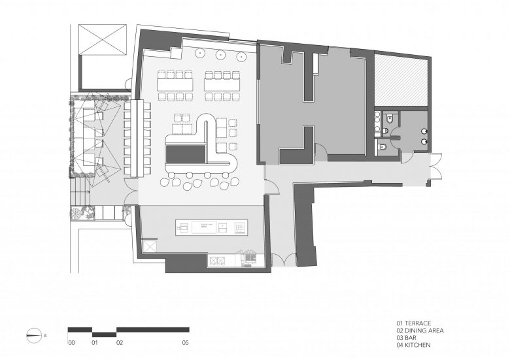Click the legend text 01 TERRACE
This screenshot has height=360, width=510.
(414, 323)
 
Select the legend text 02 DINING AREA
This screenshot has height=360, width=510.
(420, 331)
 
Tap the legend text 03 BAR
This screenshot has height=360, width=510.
(406, 338)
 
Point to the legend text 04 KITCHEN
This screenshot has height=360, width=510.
(413, 345)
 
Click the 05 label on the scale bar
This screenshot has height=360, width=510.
(186, 342)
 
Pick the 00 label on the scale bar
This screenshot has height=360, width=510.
(71, 342)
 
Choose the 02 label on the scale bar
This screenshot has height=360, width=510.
(120, 342)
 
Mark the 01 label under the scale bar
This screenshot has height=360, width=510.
(95, 342)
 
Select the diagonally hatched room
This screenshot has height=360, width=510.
(401, 80)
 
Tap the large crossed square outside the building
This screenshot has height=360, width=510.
(103, 39)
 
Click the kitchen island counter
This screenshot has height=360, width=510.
(212, 227)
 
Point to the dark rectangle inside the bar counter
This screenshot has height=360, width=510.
(186, 154)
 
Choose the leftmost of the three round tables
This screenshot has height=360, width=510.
(199, 52)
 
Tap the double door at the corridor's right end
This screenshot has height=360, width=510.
(437, 170)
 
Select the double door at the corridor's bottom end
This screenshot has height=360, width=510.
(283, 260)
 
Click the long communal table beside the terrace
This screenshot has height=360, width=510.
(137, 139)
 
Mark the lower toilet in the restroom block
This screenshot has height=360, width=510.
(382, 147)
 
